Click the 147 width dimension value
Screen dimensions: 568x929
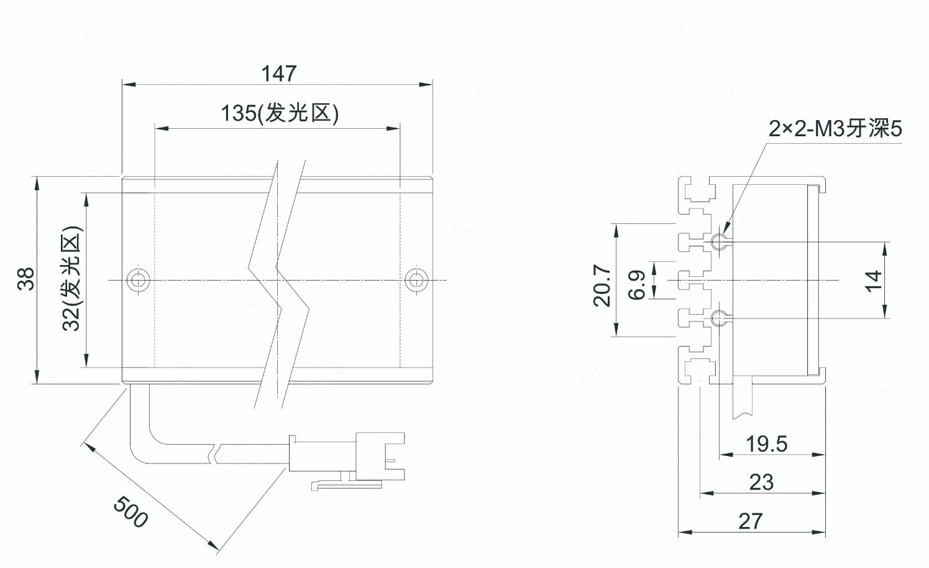tap(278, 74)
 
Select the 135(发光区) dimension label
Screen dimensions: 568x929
tap(280, 113)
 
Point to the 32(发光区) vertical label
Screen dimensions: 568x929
tap(71, 279)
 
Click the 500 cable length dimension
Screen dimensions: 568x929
tap(130, 511)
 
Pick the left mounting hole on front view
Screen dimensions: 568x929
tap(138, 279)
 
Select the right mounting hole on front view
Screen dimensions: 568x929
tap(416, 279)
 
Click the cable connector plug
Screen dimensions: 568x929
tap(348, 457)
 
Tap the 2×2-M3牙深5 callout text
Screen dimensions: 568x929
tap(835, 129)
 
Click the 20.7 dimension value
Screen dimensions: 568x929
tap(602, 286)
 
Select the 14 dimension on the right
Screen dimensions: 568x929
tap(873, 280)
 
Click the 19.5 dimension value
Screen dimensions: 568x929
tap(766, 444)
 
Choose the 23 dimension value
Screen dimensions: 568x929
tap(761, 482)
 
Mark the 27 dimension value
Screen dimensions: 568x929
tap(750, 521)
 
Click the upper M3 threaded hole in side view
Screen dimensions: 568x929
tap(719, 241)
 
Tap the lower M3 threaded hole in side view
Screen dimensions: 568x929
tap(719, 319)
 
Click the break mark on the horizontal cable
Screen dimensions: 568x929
tap(215, 453)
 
